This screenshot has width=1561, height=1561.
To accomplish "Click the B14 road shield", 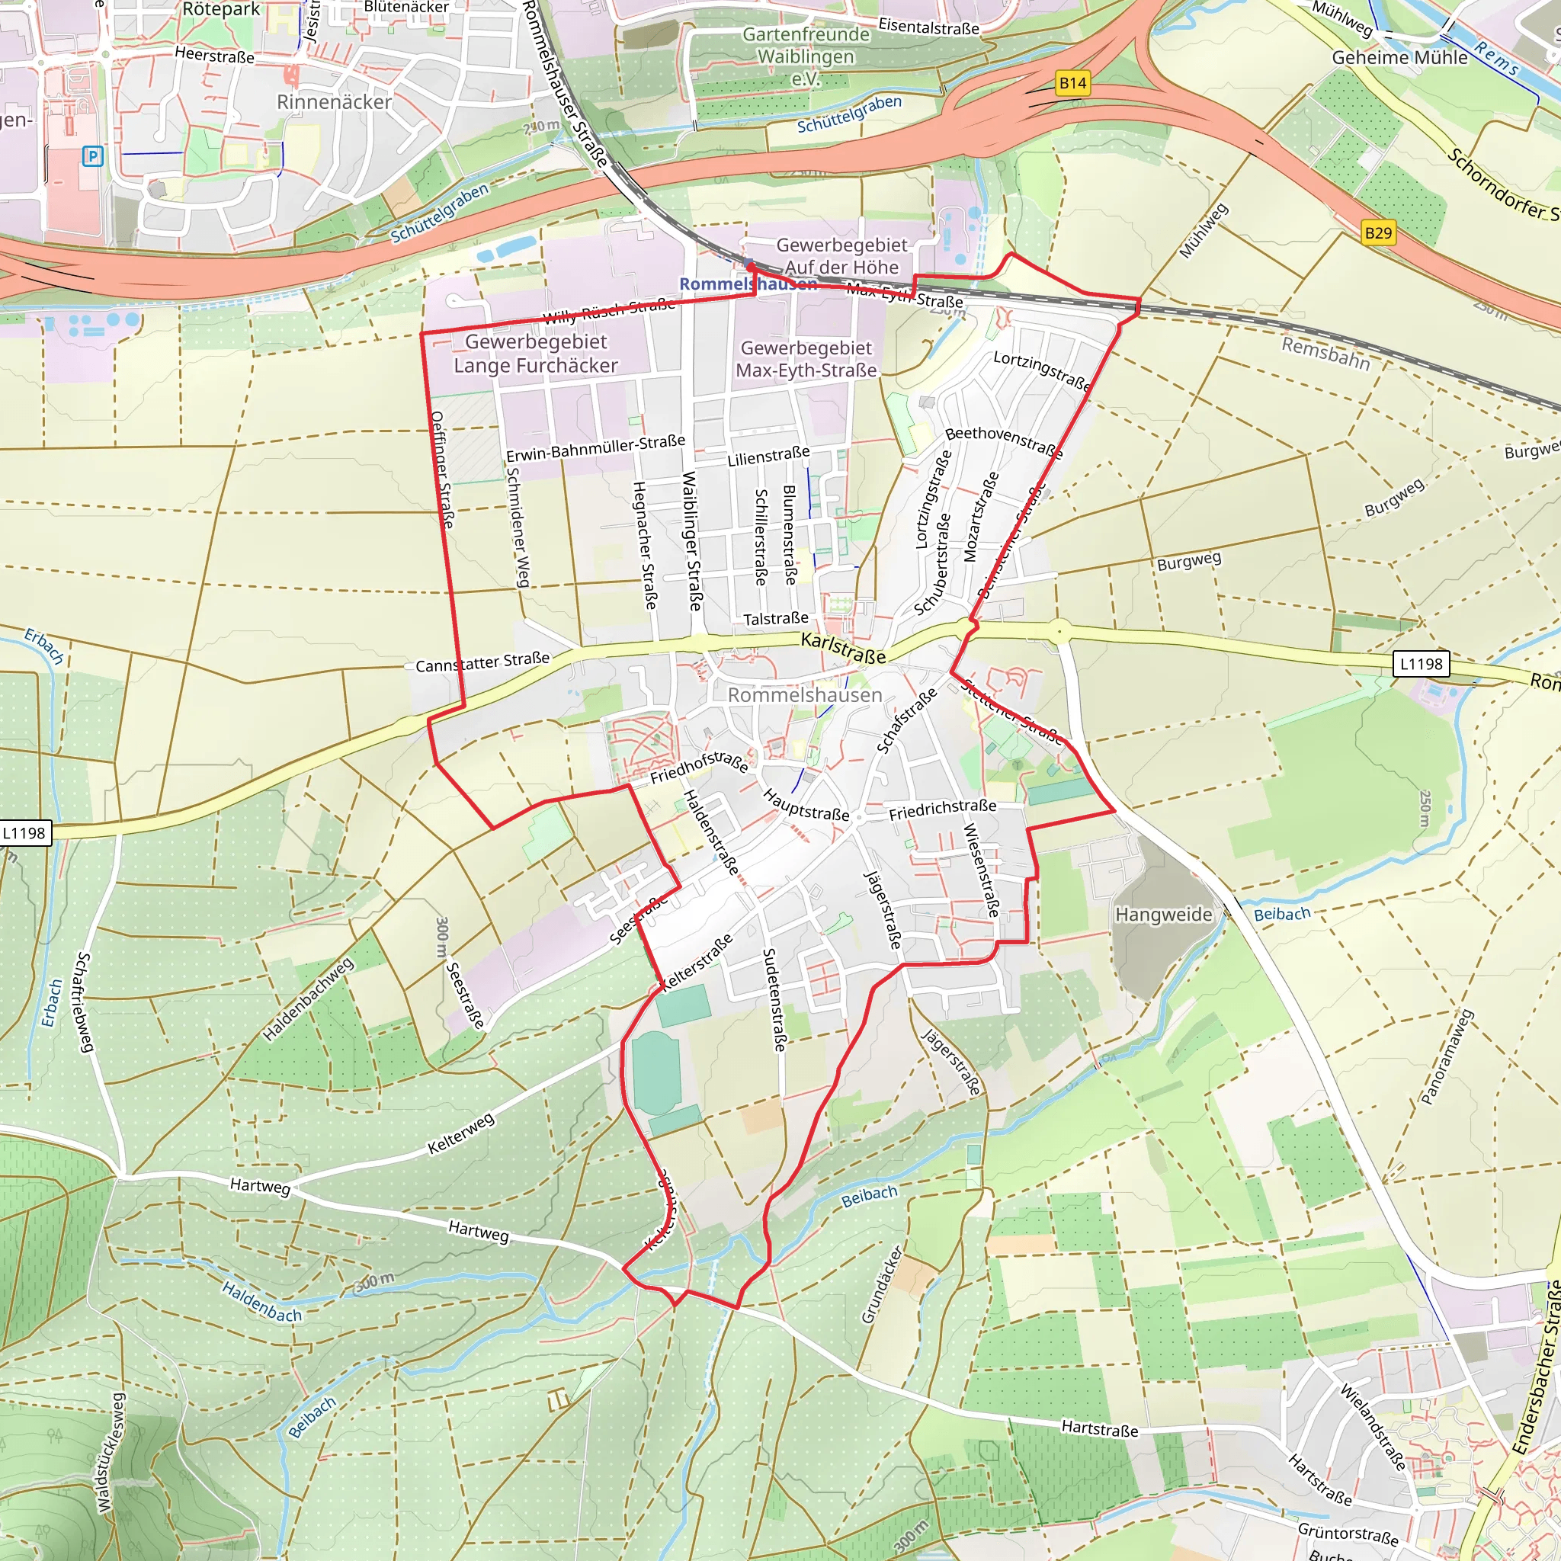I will click(x=1072, y=83).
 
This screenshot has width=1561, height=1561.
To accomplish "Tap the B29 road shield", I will click(x=1377, y=233).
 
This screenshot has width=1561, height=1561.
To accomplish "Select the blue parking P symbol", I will click(x=93, y=157).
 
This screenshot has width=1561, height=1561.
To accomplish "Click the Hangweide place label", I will click(x=1163, y=915).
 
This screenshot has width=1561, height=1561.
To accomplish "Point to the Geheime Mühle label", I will click(x=1399, y=58).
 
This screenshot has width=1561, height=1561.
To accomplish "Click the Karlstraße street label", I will click(x=843, y=649).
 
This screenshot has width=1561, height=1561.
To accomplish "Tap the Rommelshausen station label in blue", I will click(x=748, y=284).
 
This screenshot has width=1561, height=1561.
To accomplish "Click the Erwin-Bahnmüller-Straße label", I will click(x=595, y=448).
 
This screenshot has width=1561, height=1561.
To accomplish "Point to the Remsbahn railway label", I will click(x=1326, y=354).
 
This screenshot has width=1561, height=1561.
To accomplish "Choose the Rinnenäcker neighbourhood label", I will click(x=334, y=103).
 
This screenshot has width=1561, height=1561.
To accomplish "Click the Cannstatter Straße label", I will click(x=482, y=662).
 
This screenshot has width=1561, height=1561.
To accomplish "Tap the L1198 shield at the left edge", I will click(x=24, y=833).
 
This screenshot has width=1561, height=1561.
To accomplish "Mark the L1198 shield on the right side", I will click(x=1421, y=664).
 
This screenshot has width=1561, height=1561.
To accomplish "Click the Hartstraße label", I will click(x=1100, y=1428).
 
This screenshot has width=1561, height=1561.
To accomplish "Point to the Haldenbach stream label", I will click(x=261, y=1302).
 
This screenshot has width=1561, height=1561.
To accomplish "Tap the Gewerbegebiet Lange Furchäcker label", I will click(x=535, y=354).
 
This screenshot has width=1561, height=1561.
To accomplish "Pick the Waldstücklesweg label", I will click(x=111, y=1451).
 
